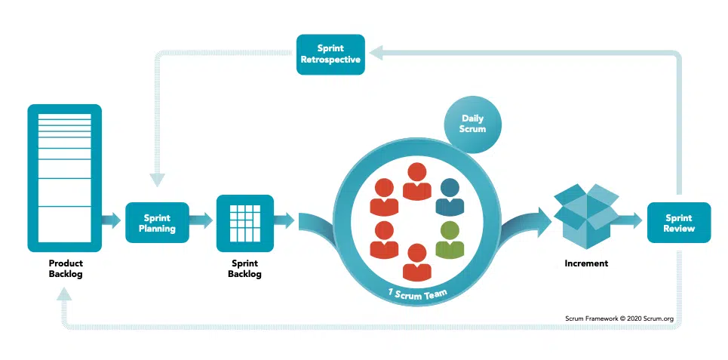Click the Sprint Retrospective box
coord(330,54)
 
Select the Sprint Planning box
coord(158,223)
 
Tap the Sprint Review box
coord(679,223)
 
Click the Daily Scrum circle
coord(472,124)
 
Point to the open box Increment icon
coord(586,216)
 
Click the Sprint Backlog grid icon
coord(245,223)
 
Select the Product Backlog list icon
coord(65,178)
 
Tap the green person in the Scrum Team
coord(450,240)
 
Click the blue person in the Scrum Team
coord(450,198)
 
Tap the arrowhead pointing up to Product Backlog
coord(65,293)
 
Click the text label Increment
coord(586,263)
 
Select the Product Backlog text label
coord(66,269)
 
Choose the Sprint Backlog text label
coord(244,269)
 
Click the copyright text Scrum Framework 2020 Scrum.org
coord(619,318)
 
